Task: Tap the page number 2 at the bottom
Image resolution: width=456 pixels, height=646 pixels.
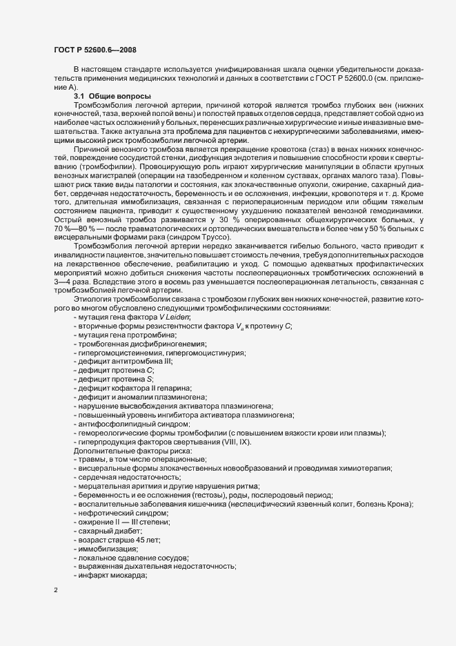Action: point(56,591)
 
